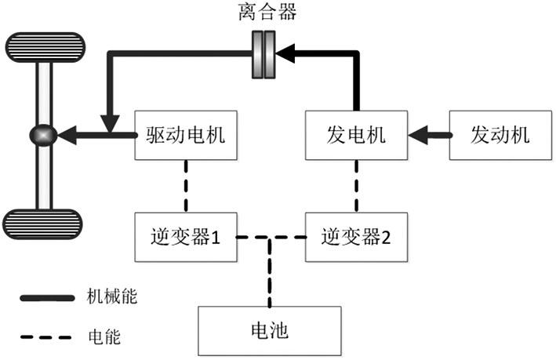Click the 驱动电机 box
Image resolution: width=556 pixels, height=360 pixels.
tap(186, 135)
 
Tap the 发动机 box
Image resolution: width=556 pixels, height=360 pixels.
tap(500, 135)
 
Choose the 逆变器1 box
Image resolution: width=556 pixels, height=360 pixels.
tap(186, 236)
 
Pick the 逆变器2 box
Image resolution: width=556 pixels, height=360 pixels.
tap(357, 236)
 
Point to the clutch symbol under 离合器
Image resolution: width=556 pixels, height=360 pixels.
tap(263, 55)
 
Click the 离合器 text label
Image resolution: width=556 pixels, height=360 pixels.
tap(263, 14)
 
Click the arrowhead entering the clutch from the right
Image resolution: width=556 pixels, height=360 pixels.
tap(286, 55)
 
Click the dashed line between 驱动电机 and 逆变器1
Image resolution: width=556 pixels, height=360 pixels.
tap(186, 185)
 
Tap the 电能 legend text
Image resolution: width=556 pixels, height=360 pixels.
tap(102, 338)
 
